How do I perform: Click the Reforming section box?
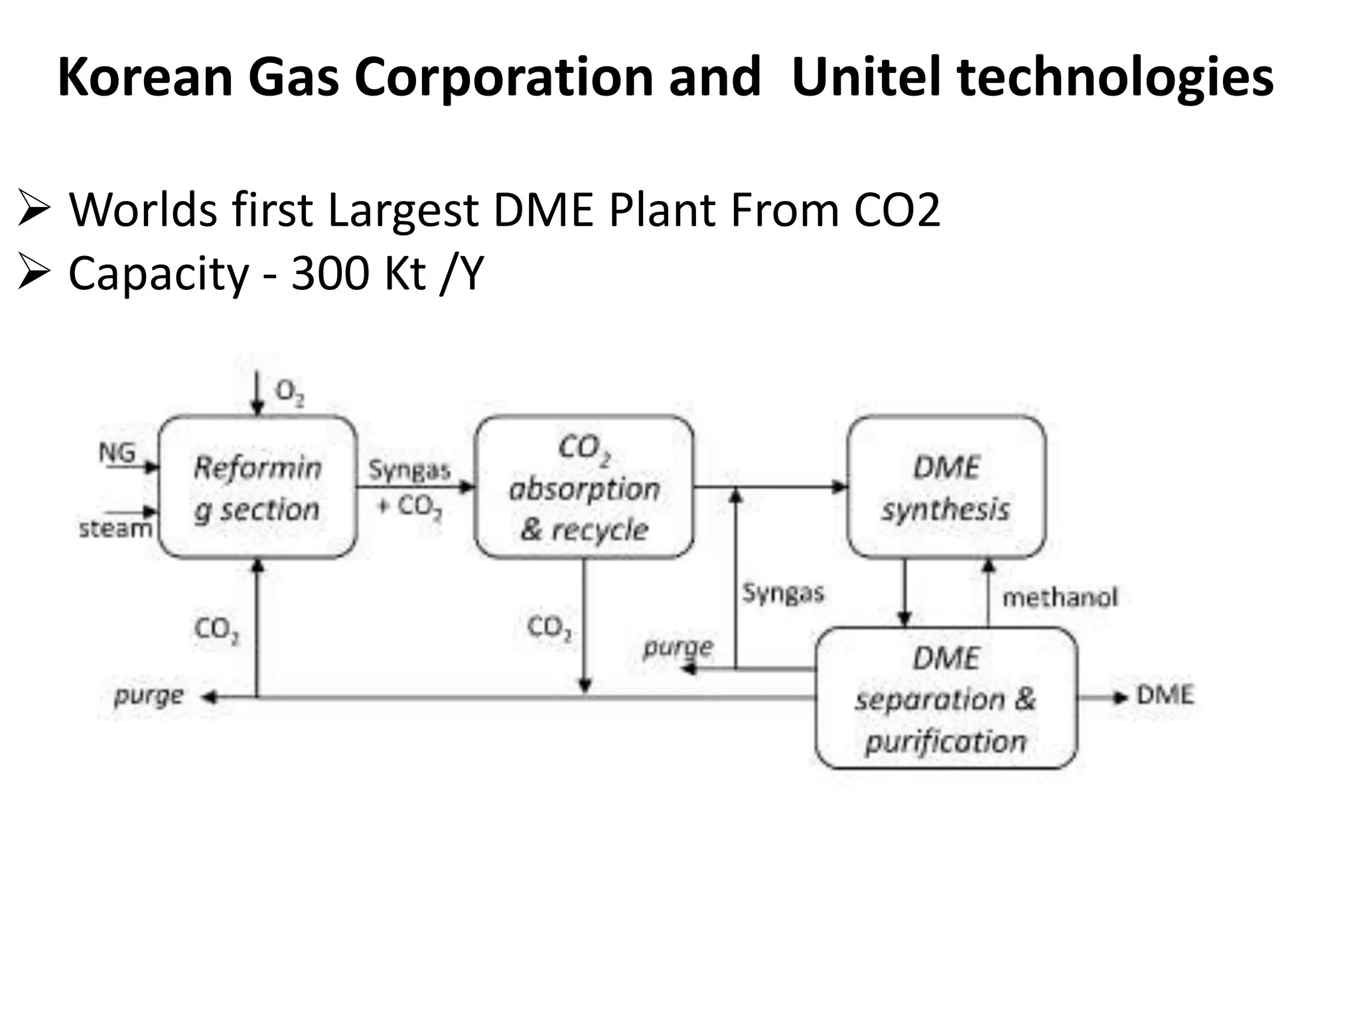pyautogui.click(x=257, y=488)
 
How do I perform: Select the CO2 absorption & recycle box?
pyautogui.click(x=584, y=488)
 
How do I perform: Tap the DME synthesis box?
pyautogui.click(x=946, y=488)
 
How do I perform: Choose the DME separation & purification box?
pyautogui.click(x=946, y=699)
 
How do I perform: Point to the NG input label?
pyautogui.click(x=117, y=453)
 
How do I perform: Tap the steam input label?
pyautogui.click(x=115, y=529)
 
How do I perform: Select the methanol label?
pyautogui.click(x=1060, y=598)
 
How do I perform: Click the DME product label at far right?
pyautogui.click(x=1165, y=695)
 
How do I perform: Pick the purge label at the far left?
pyautogui.click(x=149, y=696)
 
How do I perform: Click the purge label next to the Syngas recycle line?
pyautogui.click(x=678, y=647)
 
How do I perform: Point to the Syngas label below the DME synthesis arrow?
pyautogui.click(x=783, y=592)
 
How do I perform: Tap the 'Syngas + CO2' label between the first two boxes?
pyautogui.click(x=409, y=488)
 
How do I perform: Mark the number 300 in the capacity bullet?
pyautogui.click(x=330, y=273)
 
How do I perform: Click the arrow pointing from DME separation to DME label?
pyautogui.click(x=1102, y=697)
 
